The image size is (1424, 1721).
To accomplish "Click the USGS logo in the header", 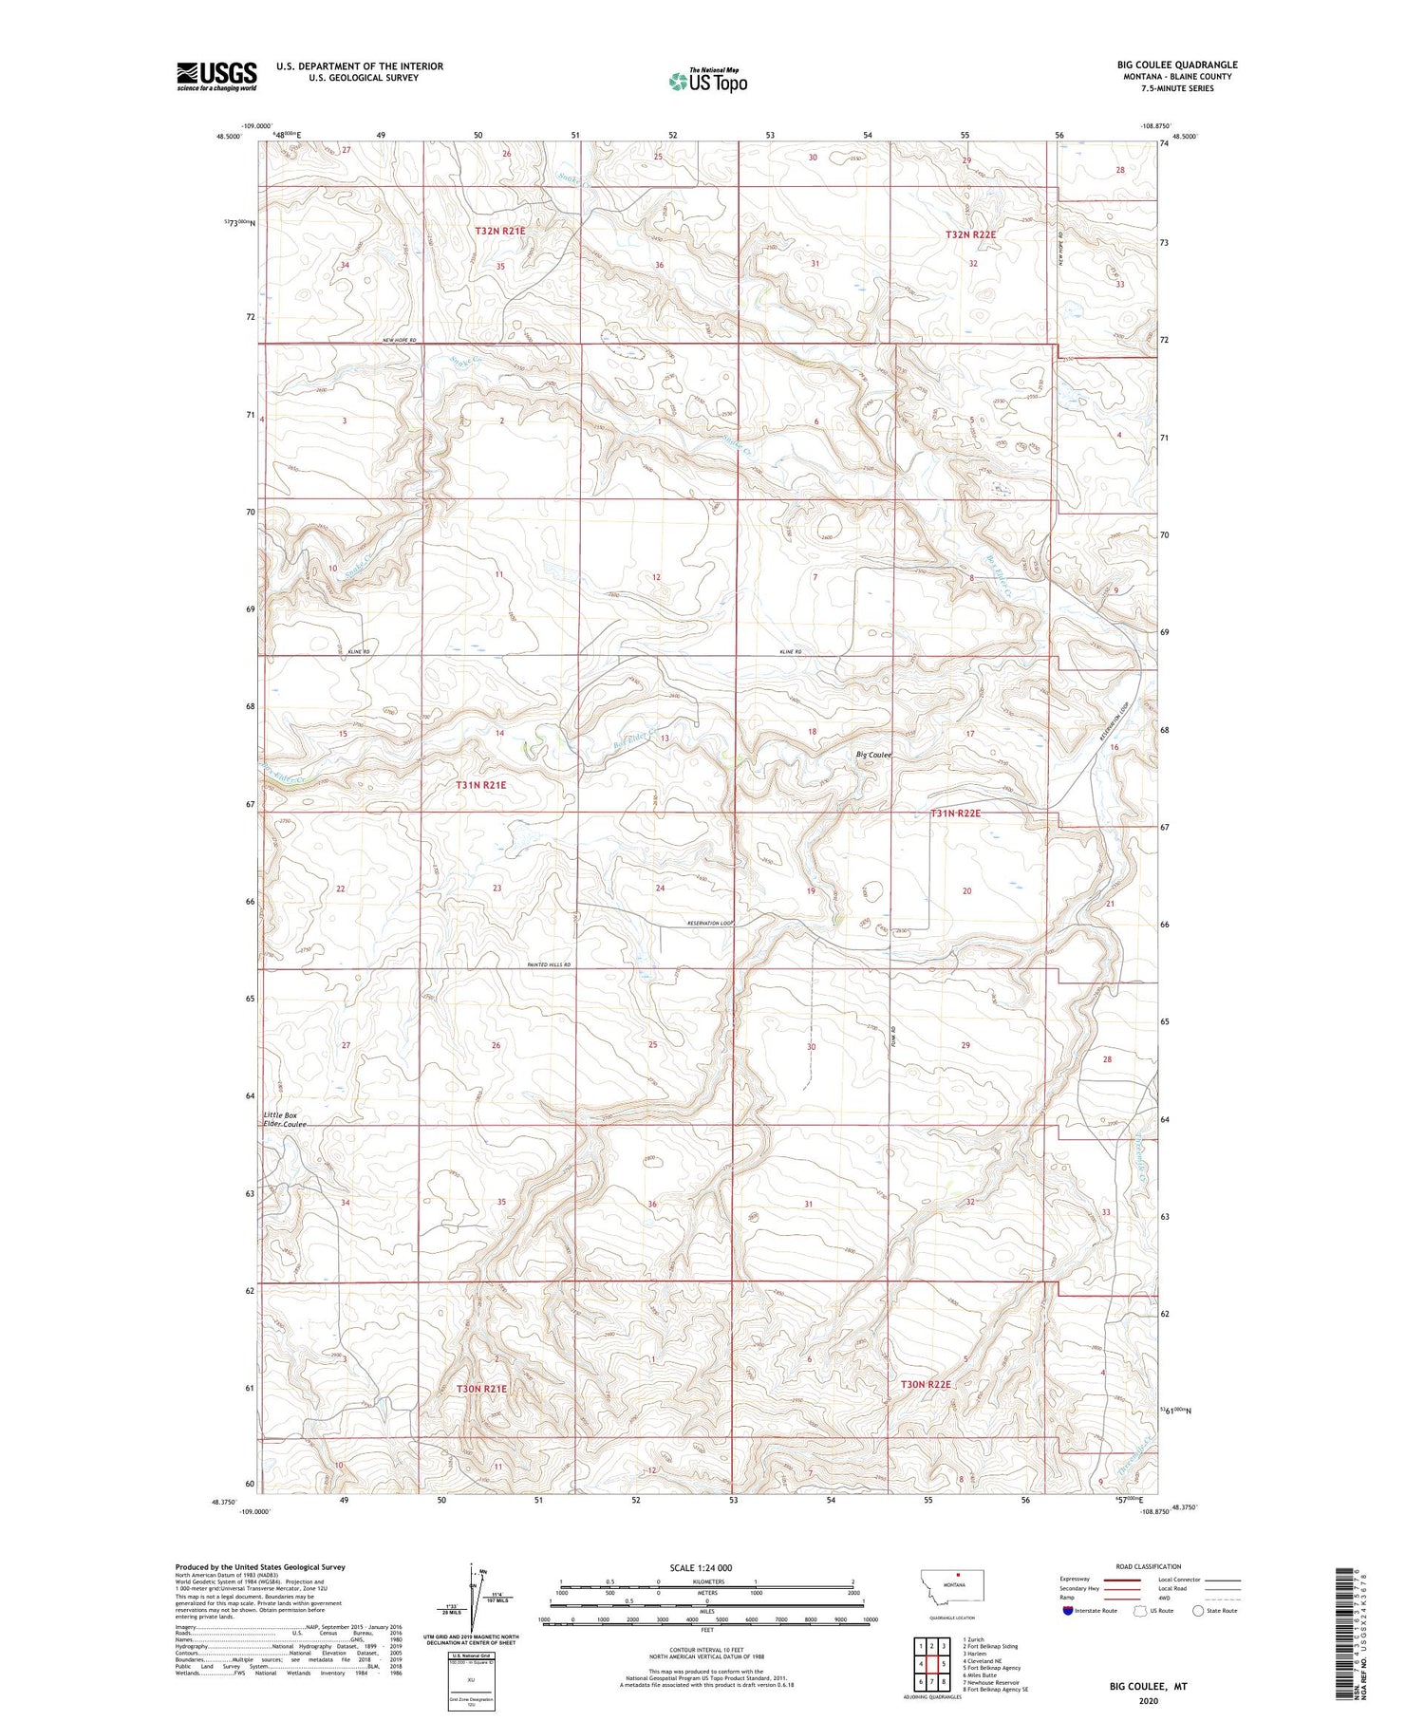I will point(216,76).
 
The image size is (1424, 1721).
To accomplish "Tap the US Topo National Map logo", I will point(708,81).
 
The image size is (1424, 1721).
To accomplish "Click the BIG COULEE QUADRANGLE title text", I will point(1176,65).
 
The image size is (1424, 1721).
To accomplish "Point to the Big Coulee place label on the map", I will point(873,755).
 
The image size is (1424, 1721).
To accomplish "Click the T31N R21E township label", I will point(480,785).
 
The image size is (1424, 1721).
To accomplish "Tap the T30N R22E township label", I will point(926,1385).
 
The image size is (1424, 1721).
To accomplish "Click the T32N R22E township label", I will point(970,234).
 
